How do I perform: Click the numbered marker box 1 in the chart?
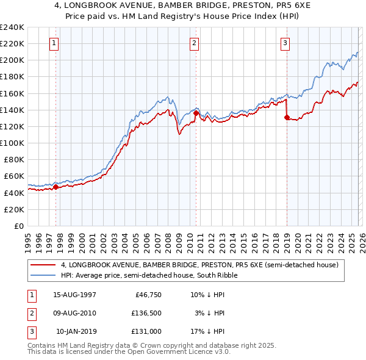pos(55,43)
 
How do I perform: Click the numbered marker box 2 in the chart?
pos(194,43)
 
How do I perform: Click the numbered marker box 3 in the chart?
pos(285,43)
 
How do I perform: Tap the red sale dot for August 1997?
pos(56,187)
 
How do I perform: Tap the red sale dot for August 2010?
pos(196,113)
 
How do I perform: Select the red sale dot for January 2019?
pos(287,118)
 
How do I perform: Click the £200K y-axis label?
pos(12,60)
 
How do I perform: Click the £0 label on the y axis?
pos(18,226)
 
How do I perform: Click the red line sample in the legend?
pos(41,265)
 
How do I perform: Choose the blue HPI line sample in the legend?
pos(41,275)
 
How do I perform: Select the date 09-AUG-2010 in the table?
pos(74,313)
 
